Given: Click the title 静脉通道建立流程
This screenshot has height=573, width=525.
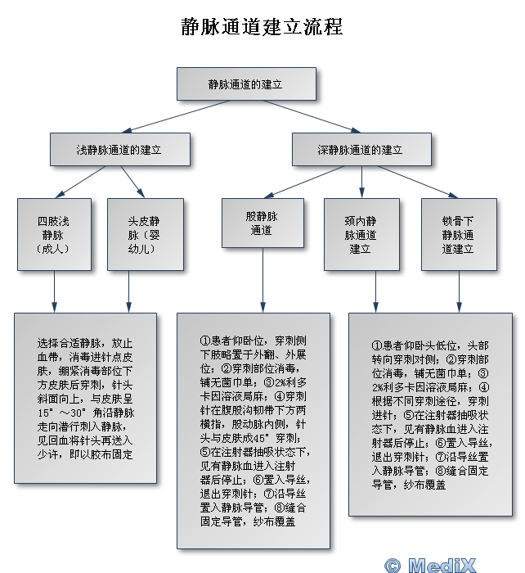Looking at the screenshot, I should click(262, 27).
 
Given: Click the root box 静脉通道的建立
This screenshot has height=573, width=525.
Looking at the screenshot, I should click(246, 84).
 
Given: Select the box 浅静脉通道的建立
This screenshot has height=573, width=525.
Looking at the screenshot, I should click(119, 150).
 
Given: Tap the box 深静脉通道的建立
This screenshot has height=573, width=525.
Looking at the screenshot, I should click(361, 150).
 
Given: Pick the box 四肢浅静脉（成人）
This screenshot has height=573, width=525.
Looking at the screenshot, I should click(55, 234).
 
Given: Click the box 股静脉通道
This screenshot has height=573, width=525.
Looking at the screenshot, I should click(262, 223).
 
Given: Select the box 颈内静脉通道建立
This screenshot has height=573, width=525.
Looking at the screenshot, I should click(361, 234).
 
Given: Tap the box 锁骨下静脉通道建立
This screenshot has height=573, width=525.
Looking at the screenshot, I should click(458, 234).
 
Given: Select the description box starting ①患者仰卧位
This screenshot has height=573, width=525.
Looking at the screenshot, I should click(254, 430).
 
